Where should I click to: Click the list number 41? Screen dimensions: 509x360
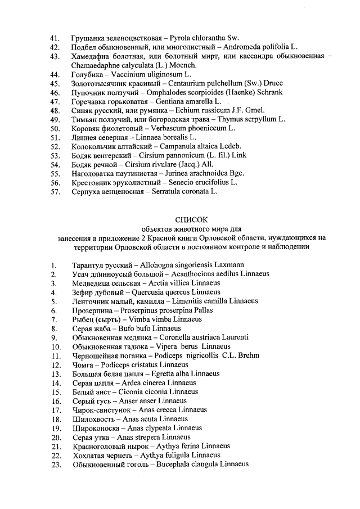click(55, 38)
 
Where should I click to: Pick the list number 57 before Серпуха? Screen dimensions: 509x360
click(55, 191)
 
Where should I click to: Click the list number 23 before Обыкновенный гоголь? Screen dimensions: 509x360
click(55, 464)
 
